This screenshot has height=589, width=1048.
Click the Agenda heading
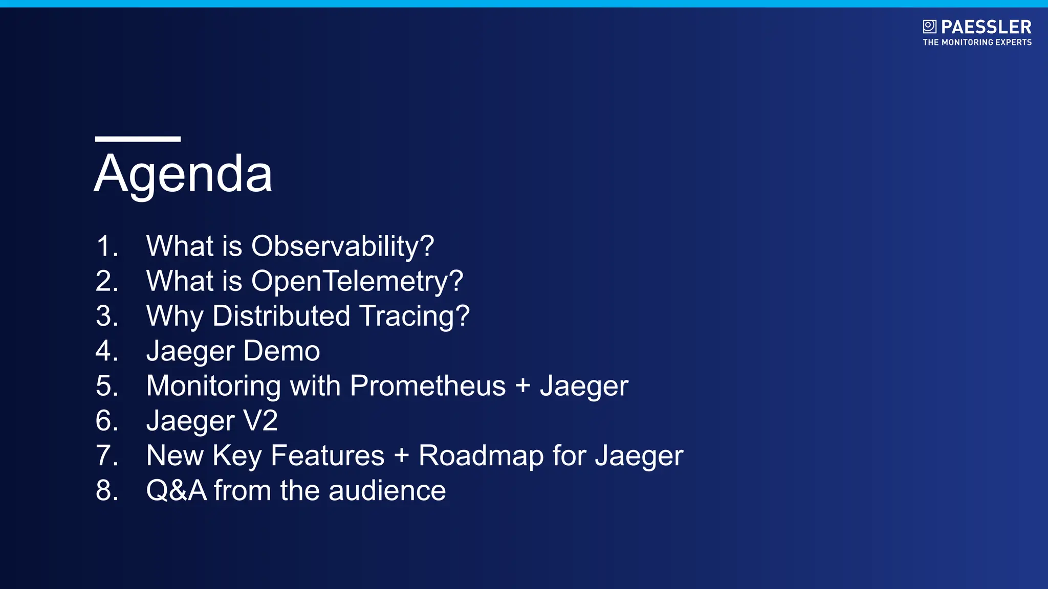[183, 174]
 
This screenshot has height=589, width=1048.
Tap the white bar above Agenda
[138, 139]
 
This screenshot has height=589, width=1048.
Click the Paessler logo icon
[929, 27]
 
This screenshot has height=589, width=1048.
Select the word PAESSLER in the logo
[986, 27]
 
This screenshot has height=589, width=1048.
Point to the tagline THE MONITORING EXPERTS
[977, 42]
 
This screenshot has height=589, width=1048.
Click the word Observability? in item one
[342, 246]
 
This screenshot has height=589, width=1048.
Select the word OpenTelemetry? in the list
[357, 281]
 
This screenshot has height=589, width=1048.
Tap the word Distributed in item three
[281, 316]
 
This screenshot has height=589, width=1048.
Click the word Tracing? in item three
[414, 316]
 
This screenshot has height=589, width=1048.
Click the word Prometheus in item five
[428, 386]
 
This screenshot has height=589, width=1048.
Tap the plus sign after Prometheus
[522, 386]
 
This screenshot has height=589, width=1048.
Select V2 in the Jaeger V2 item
[260, 421]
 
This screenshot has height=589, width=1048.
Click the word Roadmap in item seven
[481, 456]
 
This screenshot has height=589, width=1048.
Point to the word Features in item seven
[327, 456]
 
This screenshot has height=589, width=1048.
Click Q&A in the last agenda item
[176, 491]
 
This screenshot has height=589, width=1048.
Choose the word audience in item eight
[387, 491]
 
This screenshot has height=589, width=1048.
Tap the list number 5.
[107, 386]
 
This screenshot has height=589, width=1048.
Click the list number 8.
[107, 491]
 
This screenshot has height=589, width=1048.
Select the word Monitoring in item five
[213, 386]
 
